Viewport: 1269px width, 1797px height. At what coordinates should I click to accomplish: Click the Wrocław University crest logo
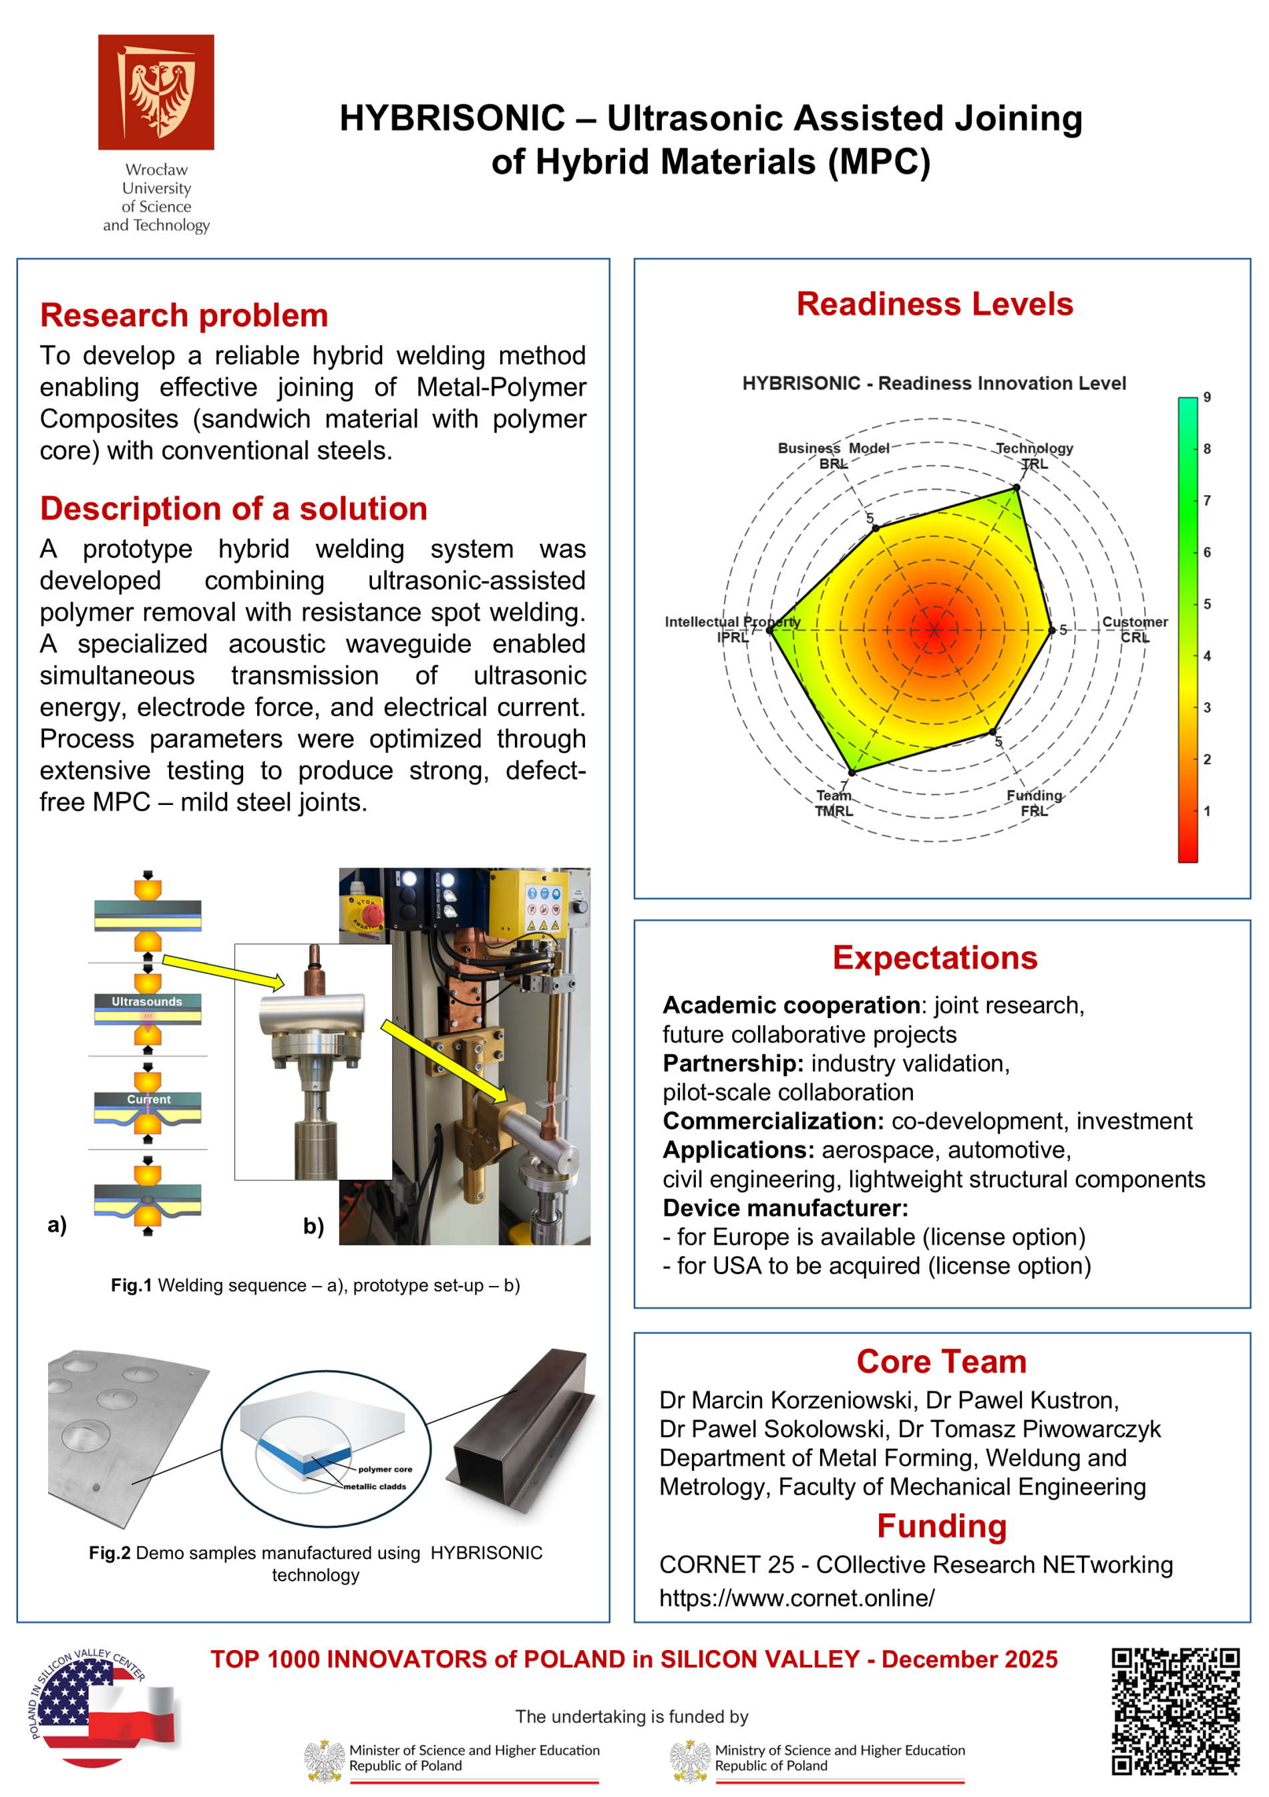(x=156, y=92)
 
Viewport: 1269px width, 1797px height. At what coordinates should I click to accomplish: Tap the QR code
(x=1175, y=1711)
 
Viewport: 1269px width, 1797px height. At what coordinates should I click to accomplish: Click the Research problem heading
(x=184, y=315)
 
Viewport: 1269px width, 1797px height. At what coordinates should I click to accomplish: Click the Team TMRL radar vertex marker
(x=852, y=772)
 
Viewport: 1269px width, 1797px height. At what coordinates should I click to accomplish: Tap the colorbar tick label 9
(x=1206, y=397)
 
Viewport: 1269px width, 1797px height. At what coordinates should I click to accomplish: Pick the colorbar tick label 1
(x=1206, y=811)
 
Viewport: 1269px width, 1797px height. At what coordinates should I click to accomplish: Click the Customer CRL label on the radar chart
(x=1135, y=629)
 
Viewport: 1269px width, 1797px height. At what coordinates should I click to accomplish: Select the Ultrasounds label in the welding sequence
(x=146, y=1002)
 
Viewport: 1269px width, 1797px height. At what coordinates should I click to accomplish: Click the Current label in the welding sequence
(x=149, y=1100)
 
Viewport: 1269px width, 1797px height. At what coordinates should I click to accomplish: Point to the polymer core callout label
(x=385, y=1469)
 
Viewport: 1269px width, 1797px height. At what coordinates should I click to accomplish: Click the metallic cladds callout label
(x=375, y=1486)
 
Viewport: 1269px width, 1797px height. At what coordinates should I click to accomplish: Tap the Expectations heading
(x=934, y=958)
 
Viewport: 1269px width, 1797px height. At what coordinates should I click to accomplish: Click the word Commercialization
(x=773, y=1121)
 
